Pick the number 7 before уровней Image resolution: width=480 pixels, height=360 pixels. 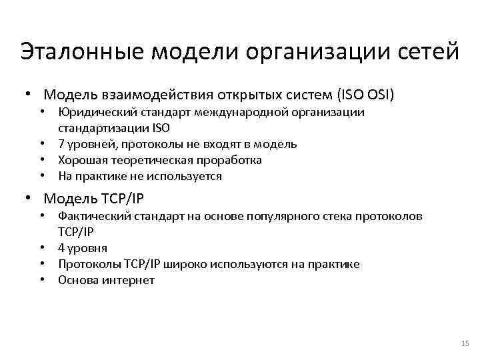[x=61, y=144]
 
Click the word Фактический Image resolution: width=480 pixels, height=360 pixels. [x=91, y=216]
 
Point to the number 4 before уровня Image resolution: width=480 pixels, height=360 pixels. [x=61, y=248]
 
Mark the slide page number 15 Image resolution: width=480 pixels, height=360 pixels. [x=465, y=343]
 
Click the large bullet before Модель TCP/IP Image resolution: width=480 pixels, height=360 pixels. [x=27, y=199]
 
